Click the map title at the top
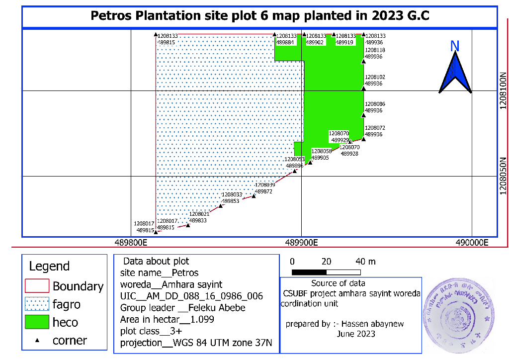click(x=259, y=16)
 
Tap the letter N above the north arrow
click(x=454, y=46)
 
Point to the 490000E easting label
click(x=473, y=243)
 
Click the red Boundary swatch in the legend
click(x=37, y=286)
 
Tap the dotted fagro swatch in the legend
click(x=37, y=304)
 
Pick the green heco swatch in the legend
click(x=37, y=322)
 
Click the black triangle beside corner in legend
click(x=37, y=340)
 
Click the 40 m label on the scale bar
click(x=365, y=262)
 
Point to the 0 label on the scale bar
click(x=292, y=262)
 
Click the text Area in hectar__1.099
click(x=167, y=319)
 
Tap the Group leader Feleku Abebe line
click(x=183, y=308)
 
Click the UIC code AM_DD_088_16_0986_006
click(x=191, y=296)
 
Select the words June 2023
click(x=356, y=334)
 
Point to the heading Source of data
click(x=338, y=283)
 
